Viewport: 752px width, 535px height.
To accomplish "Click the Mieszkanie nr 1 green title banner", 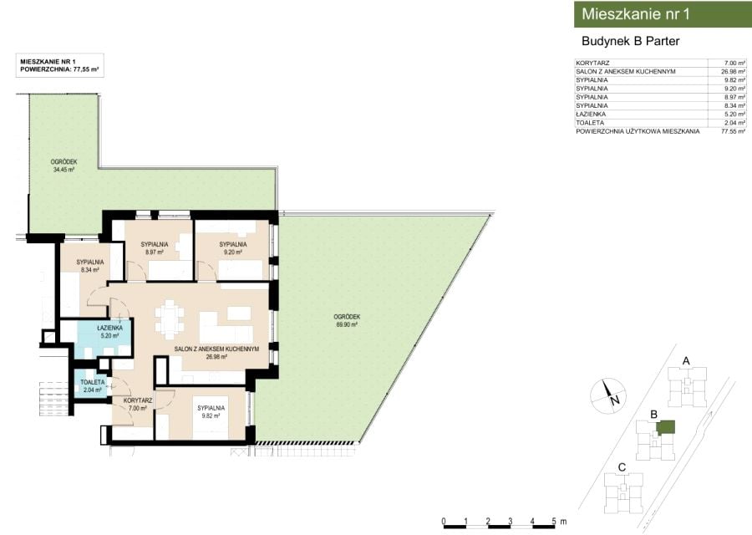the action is point(663,14).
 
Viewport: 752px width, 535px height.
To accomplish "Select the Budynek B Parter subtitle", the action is point(630,41).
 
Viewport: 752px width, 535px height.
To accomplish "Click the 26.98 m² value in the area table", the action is point(734,72).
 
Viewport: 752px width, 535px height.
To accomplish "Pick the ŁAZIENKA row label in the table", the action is point(591,115).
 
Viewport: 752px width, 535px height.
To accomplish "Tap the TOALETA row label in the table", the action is point(590,123).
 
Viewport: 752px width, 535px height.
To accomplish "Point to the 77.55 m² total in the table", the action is point(734,131).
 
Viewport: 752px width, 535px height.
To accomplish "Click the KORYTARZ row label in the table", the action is point(592,63).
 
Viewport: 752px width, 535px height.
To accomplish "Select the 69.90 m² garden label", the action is point(347,320).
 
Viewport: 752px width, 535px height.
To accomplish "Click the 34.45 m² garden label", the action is point(64,166).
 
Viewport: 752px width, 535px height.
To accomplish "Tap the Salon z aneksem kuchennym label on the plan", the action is point(216,353).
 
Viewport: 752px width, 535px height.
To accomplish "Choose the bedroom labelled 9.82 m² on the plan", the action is point(211,411).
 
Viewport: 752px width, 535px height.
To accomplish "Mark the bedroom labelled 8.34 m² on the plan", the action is point(89,266).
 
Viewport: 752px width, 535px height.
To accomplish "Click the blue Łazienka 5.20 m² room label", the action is point(109,332).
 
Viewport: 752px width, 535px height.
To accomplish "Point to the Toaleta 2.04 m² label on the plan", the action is point(92,385).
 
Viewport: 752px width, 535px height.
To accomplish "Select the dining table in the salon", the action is point(170,318).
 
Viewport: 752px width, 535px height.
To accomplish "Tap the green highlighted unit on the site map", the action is point(666,426).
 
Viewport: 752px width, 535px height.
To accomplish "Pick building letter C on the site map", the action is point(622,467).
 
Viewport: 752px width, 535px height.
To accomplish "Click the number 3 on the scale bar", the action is point(511,521).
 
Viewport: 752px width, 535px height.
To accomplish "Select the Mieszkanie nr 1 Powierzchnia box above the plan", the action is point(60,65).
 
